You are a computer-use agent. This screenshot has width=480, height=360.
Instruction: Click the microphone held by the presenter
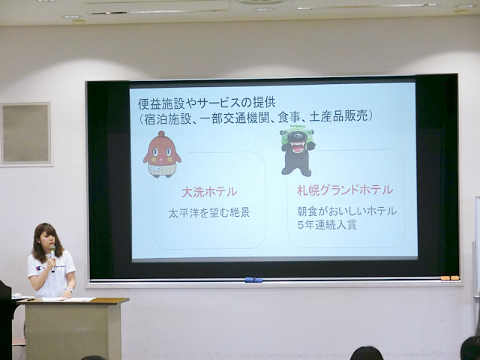pyautogui.click(x=53, y=258)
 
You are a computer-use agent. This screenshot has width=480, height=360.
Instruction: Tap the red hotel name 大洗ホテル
pyautogui.click(x=209, y=192)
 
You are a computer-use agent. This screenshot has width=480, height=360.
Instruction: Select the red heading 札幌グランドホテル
pyautogui.click(x=345, y=190)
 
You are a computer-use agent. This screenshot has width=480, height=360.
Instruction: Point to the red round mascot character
pyautogui.click(x=162, y=154)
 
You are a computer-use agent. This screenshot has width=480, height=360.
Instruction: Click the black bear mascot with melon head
pyautogui.click(x=298, y=150)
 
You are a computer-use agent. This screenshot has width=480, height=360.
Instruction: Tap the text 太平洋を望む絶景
pyautogui.click(x=209, y=213)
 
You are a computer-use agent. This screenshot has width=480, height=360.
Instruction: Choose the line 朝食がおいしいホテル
pyautogui.click(x=346, y=211)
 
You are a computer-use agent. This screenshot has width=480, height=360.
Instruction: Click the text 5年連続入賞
pyautogui.click(x=327, y=225)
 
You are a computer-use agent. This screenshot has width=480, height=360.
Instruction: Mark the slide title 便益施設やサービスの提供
pyautogui.click(x=207, y=103)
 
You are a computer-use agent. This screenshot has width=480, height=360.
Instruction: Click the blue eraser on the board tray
pyautogui.click(x=253, y=280)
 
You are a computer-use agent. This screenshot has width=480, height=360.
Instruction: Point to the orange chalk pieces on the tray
pyautogui.click(x=450, y=278)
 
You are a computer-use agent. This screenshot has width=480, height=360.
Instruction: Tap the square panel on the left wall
pyautogui.click(x=25, y=133)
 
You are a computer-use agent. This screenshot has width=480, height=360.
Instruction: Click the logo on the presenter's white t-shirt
pyautogui.click(x=39, y=268)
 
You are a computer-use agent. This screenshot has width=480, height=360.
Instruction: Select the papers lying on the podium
pyautogui.click(x=68, y=299)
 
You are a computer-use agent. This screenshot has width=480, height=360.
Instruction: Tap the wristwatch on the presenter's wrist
pyautogui.click(x=70, y=289)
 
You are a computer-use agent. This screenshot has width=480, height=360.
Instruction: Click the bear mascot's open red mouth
pyautogui.click(x=298, y=147)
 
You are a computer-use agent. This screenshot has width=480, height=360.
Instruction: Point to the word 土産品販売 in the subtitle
pyautogui.click(x=338, y=117)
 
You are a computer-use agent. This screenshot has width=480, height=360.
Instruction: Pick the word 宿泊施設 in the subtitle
pyautogui.click(x=168, y=118)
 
